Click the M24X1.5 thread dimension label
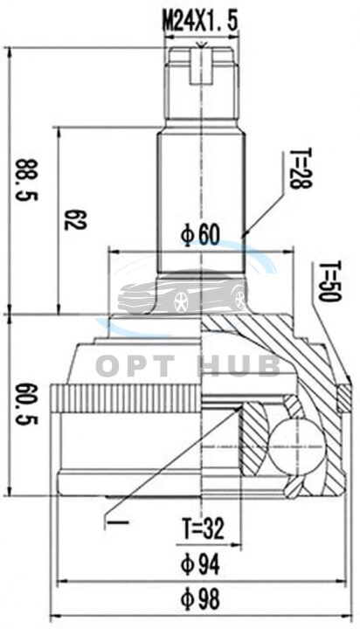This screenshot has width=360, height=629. tap(200, 21)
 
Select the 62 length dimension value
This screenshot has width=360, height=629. tap(75, 219)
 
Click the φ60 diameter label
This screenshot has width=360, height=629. tap(201, 235)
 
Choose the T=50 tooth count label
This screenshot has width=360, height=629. tap(330, 281)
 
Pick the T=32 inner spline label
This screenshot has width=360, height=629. tap(204, 529)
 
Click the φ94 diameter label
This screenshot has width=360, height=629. tap(200, 564)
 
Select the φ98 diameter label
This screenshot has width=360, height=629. tap(200, 599)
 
